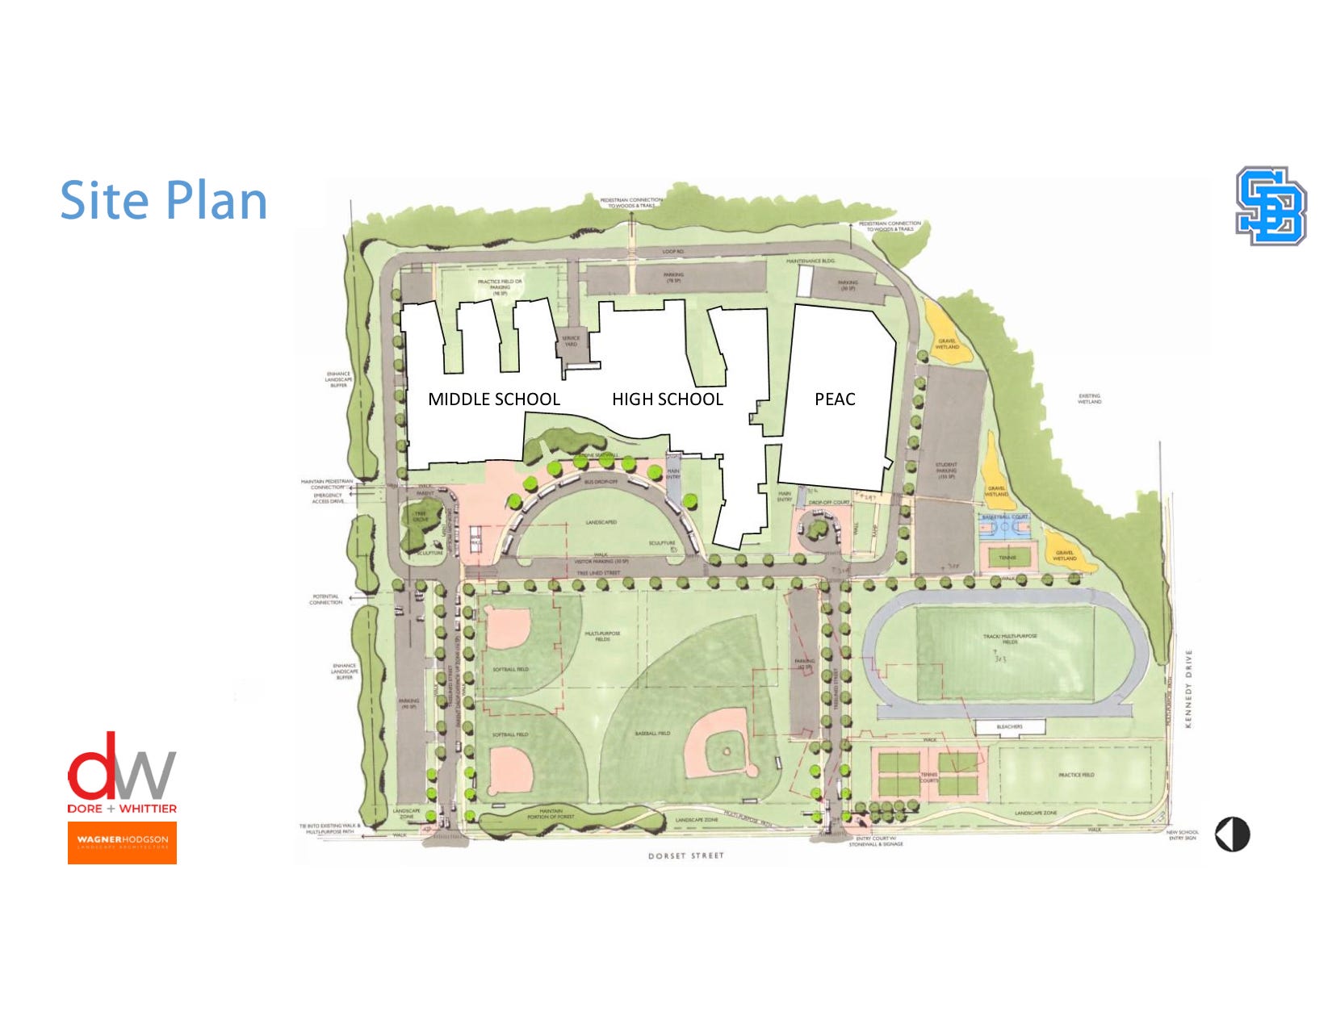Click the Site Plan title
click(164, 200)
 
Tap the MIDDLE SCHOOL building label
click(493, 399)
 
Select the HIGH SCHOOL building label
click(667, 399)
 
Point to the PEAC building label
click(835, 399)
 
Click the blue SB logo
click(1271, 206)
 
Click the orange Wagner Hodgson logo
click(122, 843)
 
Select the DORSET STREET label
click(685, 855)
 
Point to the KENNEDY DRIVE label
click(1188, 688)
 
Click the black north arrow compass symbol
click(1232, 834)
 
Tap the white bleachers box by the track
click(1009, 727)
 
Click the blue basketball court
click(1005, 527)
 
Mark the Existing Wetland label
click(1089, 399)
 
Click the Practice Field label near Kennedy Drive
click(1076, 775)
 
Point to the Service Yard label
click(571, 341)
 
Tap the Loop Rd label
click(673, 252)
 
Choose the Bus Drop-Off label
click(601, 482)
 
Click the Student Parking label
click(946, 470)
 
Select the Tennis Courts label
click(929, 776)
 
